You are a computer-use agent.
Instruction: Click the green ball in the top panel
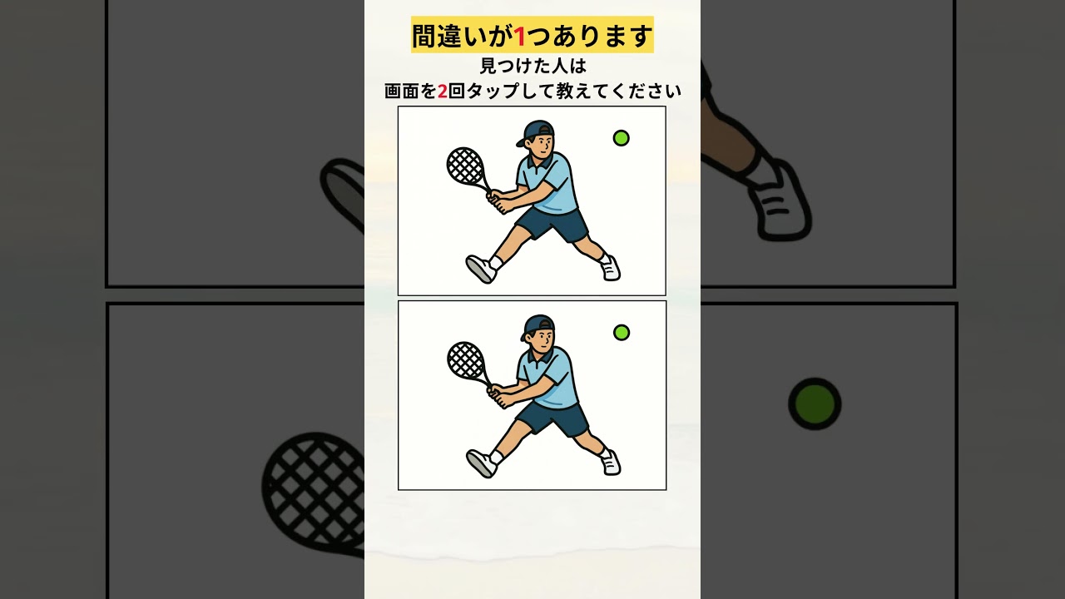621,138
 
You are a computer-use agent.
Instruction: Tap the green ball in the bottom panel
621,333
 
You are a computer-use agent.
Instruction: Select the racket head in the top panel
465,166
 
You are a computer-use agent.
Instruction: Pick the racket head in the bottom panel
465,361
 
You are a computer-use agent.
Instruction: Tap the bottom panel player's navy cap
537,326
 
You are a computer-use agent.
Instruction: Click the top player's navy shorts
552,225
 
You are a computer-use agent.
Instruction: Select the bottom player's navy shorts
553,419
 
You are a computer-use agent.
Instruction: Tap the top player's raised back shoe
481,269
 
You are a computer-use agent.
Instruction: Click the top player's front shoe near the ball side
611,269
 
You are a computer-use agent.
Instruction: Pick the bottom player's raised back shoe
482,463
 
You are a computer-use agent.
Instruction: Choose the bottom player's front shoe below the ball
611,463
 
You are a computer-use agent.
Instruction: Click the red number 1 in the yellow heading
520,37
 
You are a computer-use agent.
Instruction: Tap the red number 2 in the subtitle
442,91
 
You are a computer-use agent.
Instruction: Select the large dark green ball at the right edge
815,404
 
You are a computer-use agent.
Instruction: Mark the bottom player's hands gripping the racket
498,395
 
